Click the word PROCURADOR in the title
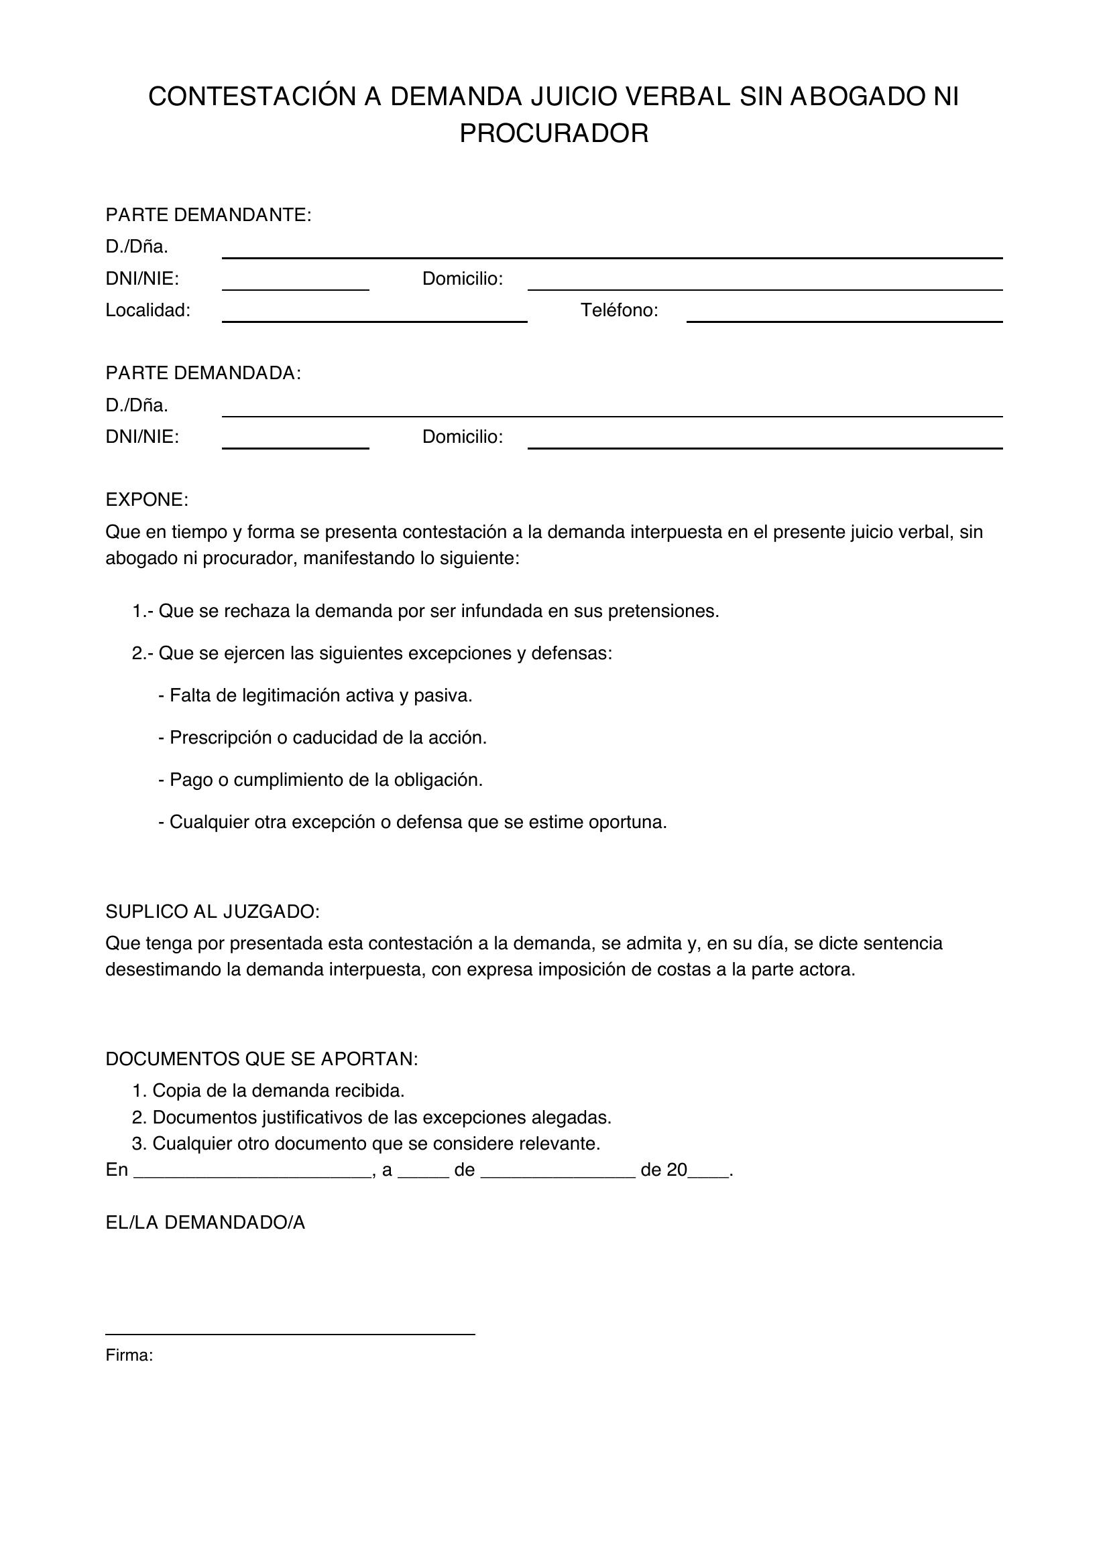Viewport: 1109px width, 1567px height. [x=554, y=134]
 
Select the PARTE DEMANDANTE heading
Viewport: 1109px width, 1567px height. [x=209, y=215]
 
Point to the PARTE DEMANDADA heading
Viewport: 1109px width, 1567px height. [x=202, y=373]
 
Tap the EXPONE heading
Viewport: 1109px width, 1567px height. [x=147, y=500]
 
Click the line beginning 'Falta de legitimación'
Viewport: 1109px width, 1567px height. [x=316, y=695]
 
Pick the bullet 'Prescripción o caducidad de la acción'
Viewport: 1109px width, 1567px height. [x=323, y=738]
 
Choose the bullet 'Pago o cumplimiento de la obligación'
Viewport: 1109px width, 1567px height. [x=320, y=780]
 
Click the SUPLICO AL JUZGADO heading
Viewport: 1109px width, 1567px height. [x=213, y=911]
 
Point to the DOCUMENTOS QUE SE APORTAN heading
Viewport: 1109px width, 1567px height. [x=261, y=1059]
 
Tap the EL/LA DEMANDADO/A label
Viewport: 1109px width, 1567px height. [x=205, y=1223]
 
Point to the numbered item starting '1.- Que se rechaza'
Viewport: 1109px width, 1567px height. [x=426, y=611]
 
